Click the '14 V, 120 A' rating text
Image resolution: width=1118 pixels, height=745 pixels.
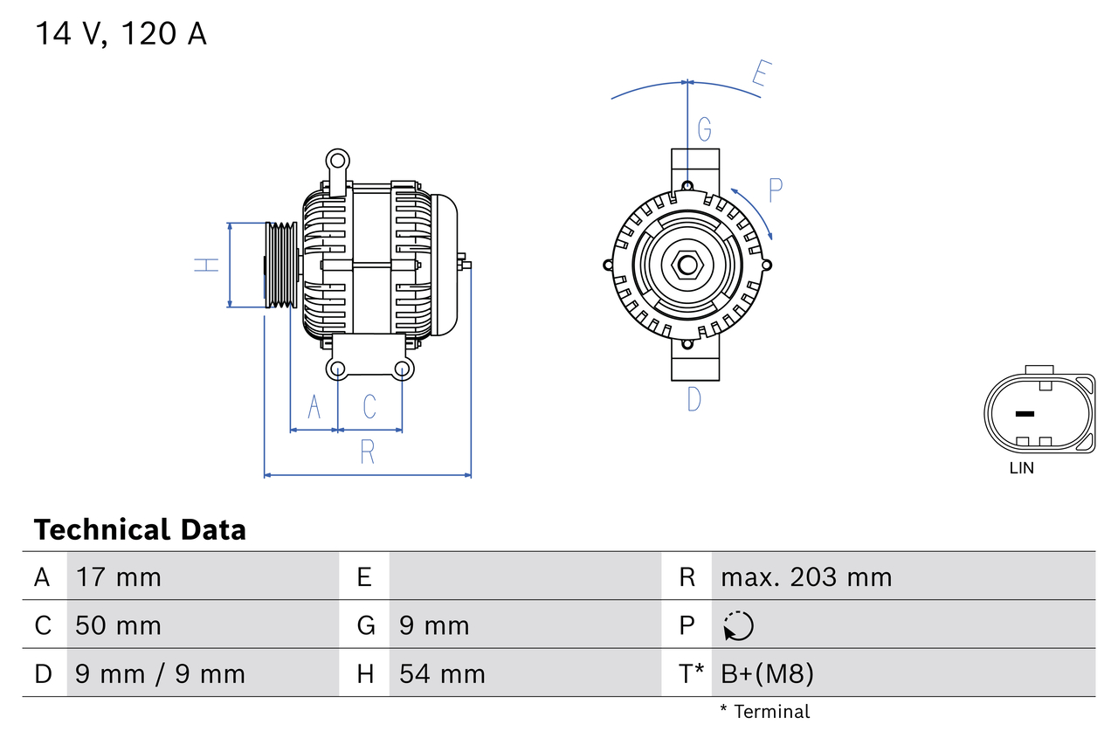pos(121,34)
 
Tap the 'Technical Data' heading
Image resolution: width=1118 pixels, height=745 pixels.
pos(140,530)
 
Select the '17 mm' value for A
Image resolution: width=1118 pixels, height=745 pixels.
pos(118,576)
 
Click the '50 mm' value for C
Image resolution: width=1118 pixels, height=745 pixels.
pos(118,625)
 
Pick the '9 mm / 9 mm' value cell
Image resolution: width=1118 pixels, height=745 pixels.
pos(160,673)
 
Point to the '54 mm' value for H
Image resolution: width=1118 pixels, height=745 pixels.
pos(441,673)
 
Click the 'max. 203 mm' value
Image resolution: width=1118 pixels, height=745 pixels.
pos(806,576)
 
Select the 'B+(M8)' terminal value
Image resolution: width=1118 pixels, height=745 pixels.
pos(767,673)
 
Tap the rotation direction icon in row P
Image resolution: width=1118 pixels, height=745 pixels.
pos(738,625)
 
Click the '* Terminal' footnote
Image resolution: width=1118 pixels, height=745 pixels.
pos(764,712)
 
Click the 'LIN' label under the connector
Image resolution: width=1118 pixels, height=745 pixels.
pos(1021,468)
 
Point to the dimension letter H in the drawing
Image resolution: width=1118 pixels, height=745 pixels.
pos(207,265)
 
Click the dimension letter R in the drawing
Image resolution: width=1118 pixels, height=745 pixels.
pos(368,452)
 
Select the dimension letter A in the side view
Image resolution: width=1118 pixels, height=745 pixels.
pos(314,406)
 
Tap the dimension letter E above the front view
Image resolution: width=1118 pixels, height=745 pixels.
pos(759,78)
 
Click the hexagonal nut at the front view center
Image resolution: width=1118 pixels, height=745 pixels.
pos(687,265)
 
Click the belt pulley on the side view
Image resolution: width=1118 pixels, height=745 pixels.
pos(281,265)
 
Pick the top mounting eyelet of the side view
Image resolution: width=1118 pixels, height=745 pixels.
pos(337,160)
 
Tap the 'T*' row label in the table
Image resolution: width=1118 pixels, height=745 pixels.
pos(691,673)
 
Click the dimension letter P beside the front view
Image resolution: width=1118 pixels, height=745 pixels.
pos(775,190)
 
